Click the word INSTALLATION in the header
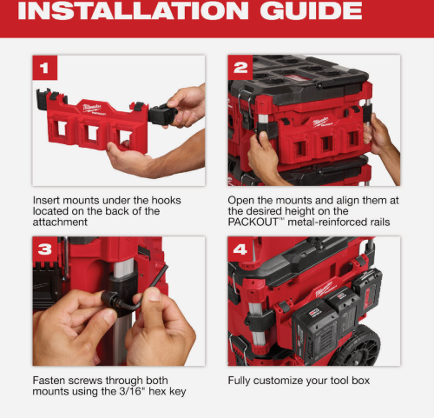pyautogui.click(x=133, y=10)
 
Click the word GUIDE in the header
pyautogui.click(x=311, y=10)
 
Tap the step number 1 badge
pyautogui.click(x=45, y=68)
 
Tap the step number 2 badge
pyautogui.click(x=240, y=68)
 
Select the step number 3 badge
pyautogui.click(x=45, y=249)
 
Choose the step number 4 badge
pyautogui.click(x=240, y=249)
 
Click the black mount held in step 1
pyautogui.click(x=162, y=115)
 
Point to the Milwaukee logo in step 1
pyautogui.click(x=92, y=109)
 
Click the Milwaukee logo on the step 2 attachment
pyautogui.click(x=321, y=122)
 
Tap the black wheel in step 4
pyautogui.click(x=355, y=346)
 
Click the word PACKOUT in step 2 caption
pyautogui.click(x=253, y=222)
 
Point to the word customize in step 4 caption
pyautogui.click(x=278, y=381)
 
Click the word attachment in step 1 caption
pyautogui.click(x=60, y=222)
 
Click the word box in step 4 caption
pyautogui.click(x=361, y=381)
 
